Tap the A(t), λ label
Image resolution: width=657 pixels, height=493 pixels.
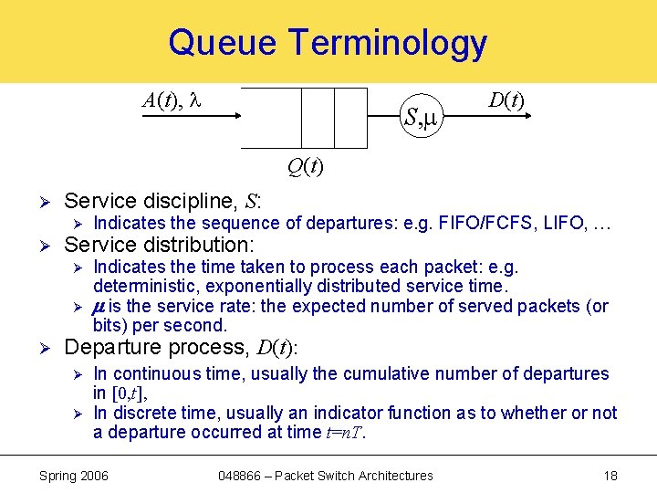tap(172, 100)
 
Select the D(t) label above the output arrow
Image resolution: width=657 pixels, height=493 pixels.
tap(506, 100)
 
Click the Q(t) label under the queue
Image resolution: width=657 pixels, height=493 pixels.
tap(304, 166)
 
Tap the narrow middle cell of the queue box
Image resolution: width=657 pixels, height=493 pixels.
tap(318, 118)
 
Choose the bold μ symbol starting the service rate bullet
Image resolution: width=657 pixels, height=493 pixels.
tap(99, 306)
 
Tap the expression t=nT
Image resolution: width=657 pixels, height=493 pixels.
tap(344, 432)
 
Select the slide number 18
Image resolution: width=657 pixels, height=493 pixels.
tap(610, 476)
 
